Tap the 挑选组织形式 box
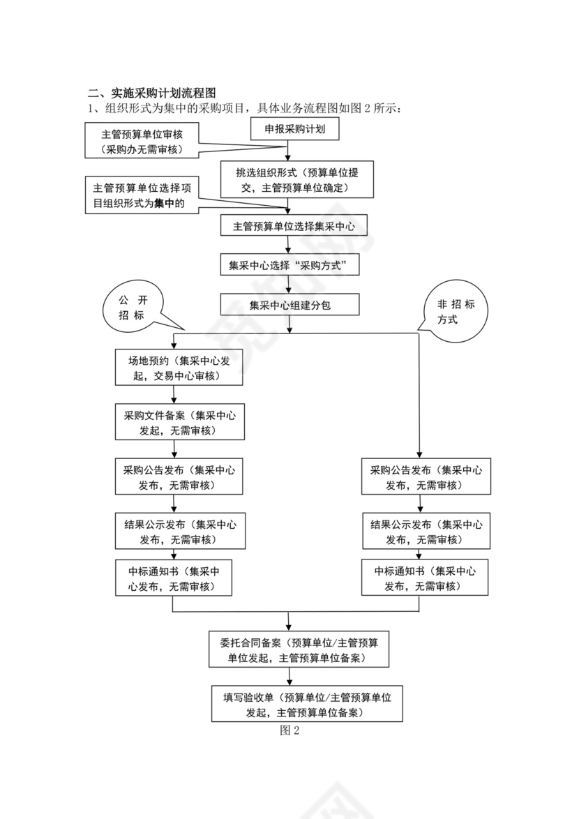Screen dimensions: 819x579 coord(297,180)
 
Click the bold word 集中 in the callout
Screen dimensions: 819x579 coord(165,204)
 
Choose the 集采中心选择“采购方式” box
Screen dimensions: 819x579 coord(289,265)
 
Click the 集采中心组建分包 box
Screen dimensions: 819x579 coord(289,305)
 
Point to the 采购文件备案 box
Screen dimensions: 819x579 coord(179,422)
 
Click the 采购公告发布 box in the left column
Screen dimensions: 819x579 coord(179,477)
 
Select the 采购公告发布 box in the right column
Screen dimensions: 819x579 coord(426,477)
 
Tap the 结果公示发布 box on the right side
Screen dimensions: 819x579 coord(426,532)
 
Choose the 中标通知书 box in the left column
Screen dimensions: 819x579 coord(174,578)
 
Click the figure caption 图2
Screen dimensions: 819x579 coord(289,730)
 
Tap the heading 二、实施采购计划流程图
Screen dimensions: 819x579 coord(152,93)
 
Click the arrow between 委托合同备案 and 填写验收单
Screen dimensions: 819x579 coord(289,676)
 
